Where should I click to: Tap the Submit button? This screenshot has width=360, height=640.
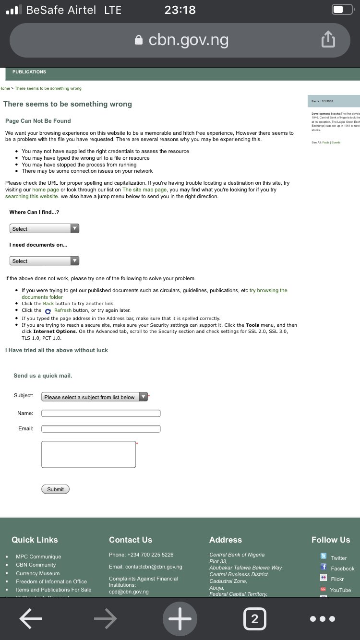[x=55, y=489]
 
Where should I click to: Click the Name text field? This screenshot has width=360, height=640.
[x=101, y=413]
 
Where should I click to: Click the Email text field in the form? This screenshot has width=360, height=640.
[x=101, y=428]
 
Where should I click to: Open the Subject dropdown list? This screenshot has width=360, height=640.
[x=95, y=397]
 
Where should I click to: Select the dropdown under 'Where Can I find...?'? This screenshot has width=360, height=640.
[x=44, y=229]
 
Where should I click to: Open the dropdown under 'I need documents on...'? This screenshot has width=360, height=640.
[x=44, y=261]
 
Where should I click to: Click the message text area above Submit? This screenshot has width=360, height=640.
[x=88, y=454]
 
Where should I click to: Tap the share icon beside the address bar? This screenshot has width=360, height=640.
[x=328, y=40]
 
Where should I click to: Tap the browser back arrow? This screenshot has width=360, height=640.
[x=31, y=619]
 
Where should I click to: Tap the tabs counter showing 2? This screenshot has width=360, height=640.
[x=254, y=619]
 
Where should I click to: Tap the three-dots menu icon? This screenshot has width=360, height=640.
[x=323, y=619]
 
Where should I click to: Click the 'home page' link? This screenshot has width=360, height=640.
[x=46, y=190]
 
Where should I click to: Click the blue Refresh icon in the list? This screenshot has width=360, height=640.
[x=48, y=311]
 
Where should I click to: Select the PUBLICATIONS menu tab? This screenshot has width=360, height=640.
[x=29, y=72]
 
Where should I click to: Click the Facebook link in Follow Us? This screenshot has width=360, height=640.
[x=342, y=569]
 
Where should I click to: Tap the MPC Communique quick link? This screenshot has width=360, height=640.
[x=38, y=557]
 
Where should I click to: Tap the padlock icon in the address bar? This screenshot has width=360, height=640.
[x=139, y=40]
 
